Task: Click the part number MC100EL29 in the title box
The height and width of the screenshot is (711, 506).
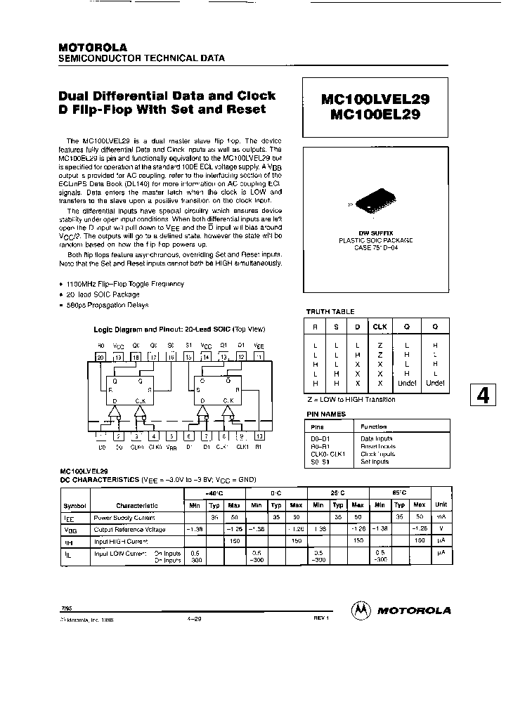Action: [370, 116]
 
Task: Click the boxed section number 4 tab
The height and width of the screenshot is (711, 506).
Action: [483, 396]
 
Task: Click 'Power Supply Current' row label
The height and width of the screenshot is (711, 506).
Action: [124, 516]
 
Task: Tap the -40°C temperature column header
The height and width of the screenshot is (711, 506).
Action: [214, 494]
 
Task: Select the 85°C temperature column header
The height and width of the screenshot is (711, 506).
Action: [399, 494]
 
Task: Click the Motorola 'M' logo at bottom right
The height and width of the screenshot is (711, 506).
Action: [361, 611]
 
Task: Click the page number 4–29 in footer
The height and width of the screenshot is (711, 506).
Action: [195, 619]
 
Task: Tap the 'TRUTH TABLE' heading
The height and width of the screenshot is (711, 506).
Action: [330, 311]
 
